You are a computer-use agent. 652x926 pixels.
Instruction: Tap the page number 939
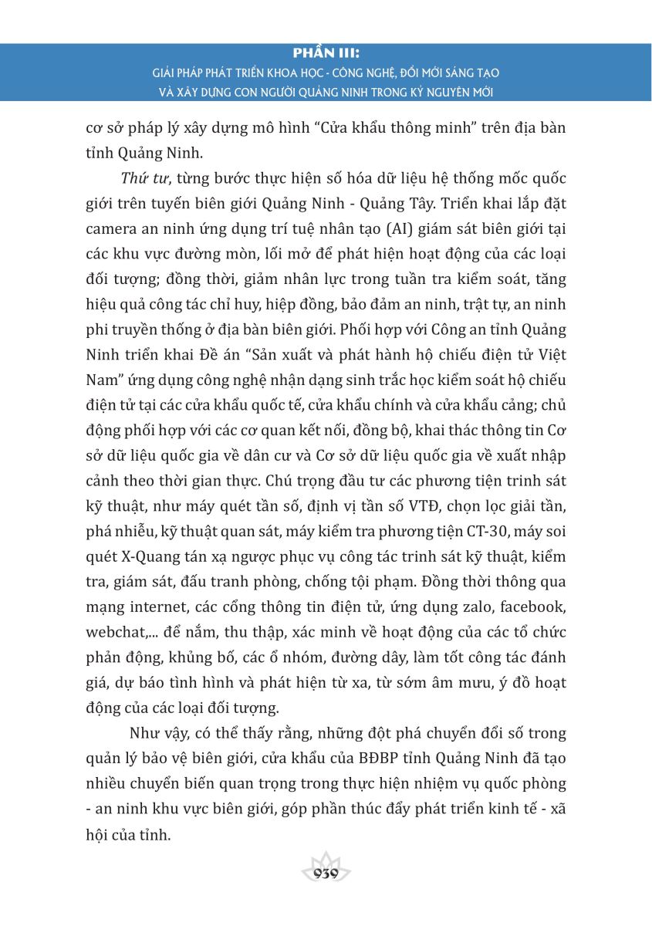tap(326, 873)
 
